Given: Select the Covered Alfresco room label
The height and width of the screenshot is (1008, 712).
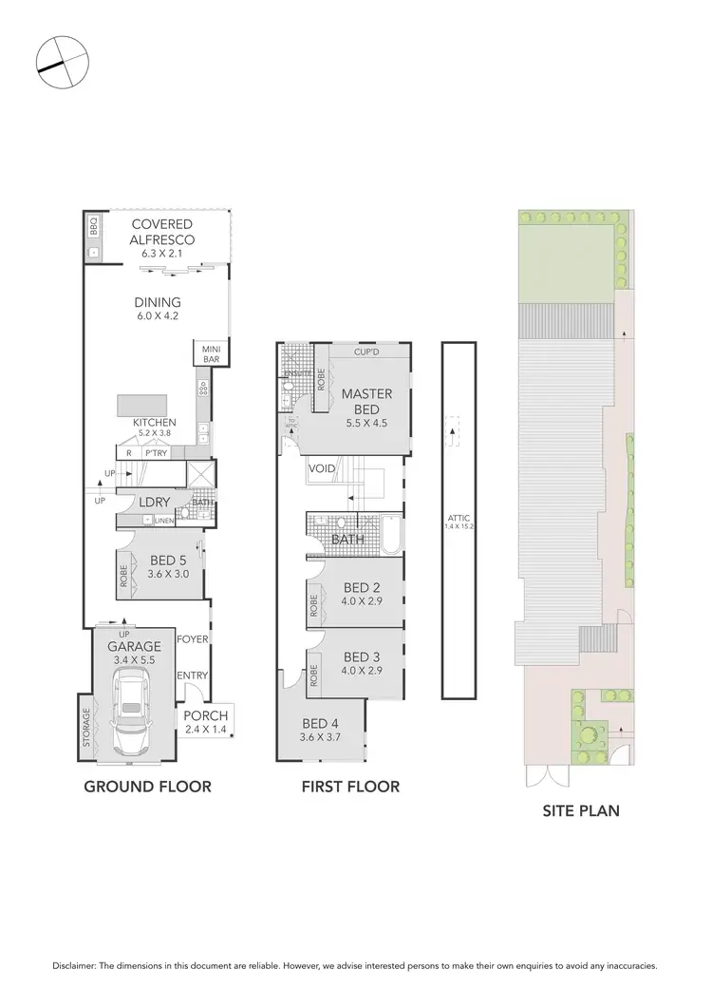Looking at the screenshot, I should pyautogui.click(x=162, y=233).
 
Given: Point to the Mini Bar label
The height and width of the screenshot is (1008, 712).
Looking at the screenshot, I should pyautogui.click(x=210, y=353).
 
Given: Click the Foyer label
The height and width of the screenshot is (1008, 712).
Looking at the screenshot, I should pyautogui.click(x=192, y=639).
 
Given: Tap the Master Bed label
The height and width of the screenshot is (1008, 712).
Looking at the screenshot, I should pyautogui.click(x=361, y=402).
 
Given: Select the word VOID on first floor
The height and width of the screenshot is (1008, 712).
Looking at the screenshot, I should pyautogui.click(x=319, y=469).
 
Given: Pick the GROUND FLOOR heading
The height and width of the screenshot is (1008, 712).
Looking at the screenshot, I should pyautogui.click(x=147, y=787).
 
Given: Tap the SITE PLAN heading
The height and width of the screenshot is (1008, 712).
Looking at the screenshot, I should pyautogui.click(x=580, y=810).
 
